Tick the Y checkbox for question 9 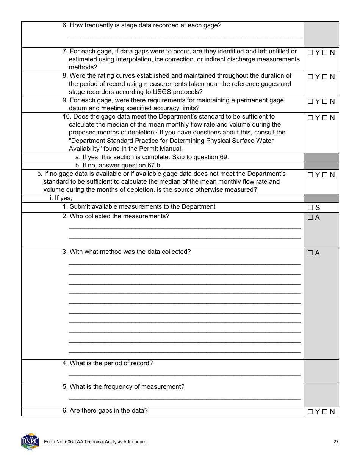[x=310, y=102]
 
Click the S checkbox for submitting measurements [x=310, y=208]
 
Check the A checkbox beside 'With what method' [x=310, y=253]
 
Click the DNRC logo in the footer [x=30, y=441]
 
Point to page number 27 [x=336, y=442]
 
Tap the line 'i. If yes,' [x=61, y=198]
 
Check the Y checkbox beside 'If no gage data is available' [x=310, y=175]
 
